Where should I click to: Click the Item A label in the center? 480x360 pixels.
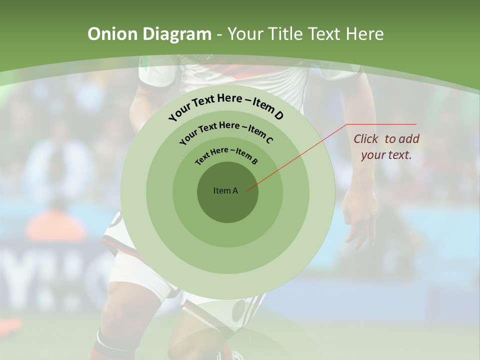tap(225, 190)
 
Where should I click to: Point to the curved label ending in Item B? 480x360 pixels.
tap(226, 154)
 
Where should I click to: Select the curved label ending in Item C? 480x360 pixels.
tap(226, 130)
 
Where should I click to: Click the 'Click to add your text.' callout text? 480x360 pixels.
tap(386, 146)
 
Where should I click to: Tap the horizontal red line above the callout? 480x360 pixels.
tap(381, 124)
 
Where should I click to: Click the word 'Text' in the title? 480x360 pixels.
tap(322, 34)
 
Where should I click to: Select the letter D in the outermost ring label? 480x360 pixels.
tap(278, 116)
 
